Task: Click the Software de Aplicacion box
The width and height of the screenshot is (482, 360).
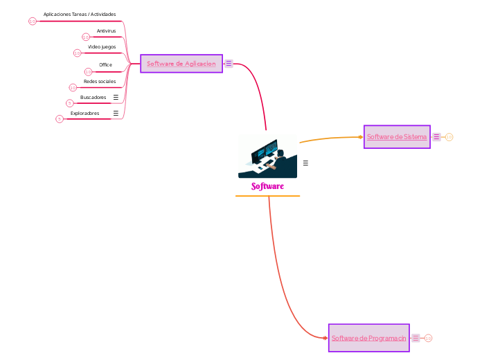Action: [181, 64]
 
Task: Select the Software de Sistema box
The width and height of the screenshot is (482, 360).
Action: [397, 137]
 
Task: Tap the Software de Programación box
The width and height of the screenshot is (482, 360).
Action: [368, 338]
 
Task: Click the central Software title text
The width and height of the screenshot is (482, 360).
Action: [267, 187]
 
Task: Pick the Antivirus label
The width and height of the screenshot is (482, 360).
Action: [106, 31]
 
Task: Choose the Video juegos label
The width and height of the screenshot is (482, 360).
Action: [102, 47]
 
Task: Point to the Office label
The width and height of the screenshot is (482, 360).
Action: [105, 64]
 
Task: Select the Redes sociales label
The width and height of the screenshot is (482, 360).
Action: [100, 81]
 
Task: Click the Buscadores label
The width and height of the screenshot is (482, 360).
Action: [93, 97]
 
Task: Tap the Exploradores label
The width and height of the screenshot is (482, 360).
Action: [84, 113]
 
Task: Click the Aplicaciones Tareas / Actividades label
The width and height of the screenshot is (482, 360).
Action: [80, 14]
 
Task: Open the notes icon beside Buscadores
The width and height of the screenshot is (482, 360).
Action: [116, 97]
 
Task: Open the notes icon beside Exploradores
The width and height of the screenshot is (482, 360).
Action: [116, 113]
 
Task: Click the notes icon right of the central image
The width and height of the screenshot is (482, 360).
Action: [305, 163]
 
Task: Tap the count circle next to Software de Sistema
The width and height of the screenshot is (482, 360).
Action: [449, 137]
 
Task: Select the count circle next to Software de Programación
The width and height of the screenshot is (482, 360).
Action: [428, 338]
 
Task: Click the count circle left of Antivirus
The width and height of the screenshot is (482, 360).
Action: [86, 37]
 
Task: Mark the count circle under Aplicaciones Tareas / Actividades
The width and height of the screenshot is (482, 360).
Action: [32, 21]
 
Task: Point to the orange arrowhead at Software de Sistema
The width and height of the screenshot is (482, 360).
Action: [361, 137]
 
